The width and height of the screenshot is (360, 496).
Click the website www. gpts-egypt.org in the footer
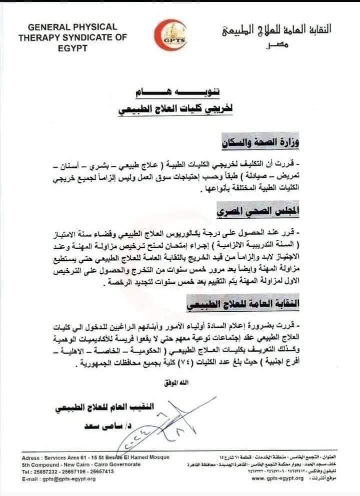277,478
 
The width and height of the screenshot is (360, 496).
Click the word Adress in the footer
32,458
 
